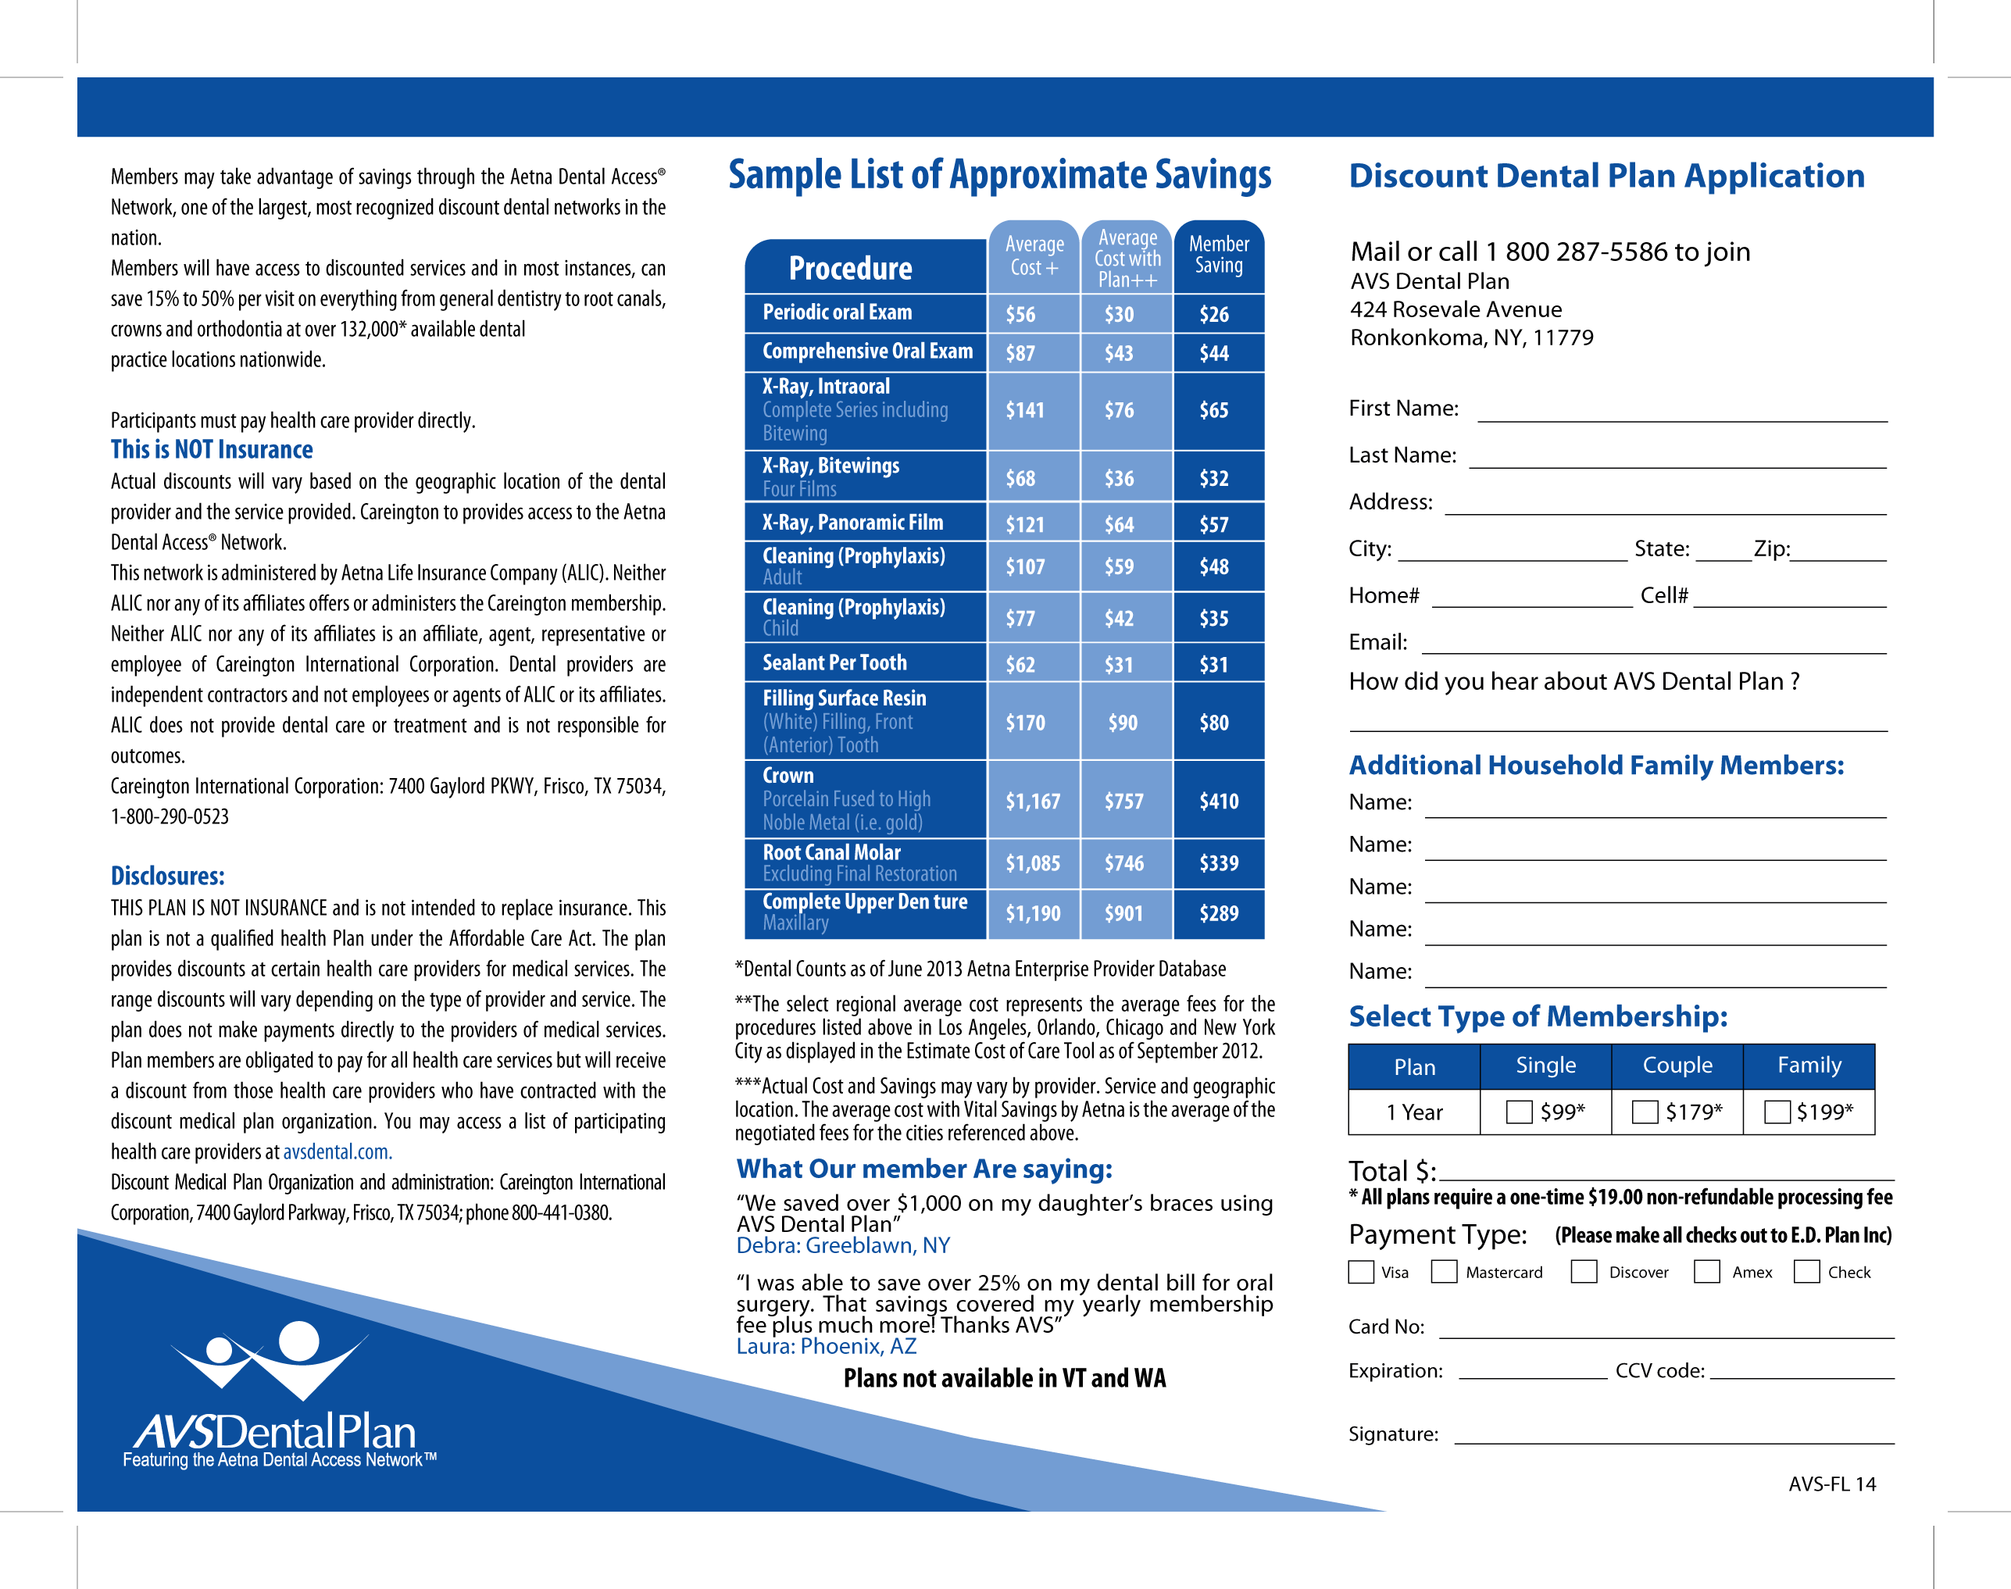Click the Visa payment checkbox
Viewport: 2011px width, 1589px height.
(1361, 1272)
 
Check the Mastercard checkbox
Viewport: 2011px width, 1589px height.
(1444, 1272)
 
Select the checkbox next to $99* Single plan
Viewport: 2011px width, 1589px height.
(1519, 1112)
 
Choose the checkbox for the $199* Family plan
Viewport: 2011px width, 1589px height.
(1777, 1112)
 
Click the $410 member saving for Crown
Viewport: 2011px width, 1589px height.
(1219, 801)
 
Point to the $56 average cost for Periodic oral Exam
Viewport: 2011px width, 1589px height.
(1020, 315)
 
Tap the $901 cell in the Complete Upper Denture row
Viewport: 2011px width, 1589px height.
(1123, 913)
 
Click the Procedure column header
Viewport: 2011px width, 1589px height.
(850, 269)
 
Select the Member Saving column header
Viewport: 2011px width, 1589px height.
(1219, 254)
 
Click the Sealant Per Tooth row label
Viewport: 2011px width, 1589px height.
(834, 662)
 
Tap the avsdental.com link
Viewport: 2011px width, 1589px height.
(337, 1152)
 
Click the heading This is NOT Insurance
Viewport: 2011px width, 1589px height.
(212, 450)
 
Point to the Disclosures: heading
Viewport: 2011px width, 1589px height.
(167, 877)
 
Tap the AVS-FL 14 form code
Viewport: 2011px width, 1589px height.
(1831, 1484)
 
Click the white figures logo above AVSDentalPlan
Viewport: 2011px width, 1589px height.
(270, 1356)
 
